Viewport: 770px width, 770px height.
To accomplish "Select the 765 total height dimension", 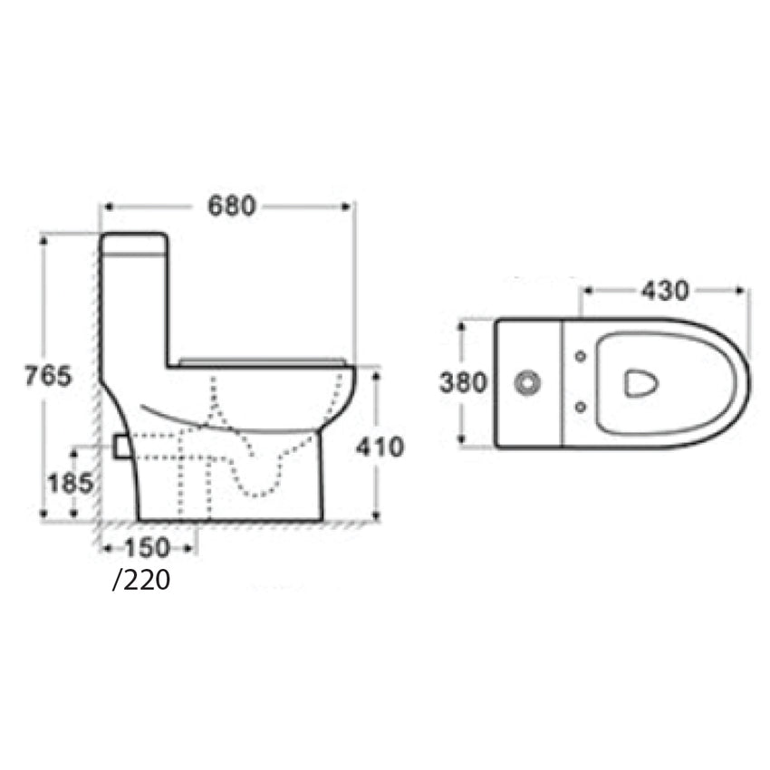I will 47,375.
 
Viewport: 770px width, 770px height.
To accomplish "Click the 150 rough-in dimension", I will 149,547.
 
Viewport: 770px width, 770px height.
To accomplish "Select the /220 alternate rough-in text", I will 141,580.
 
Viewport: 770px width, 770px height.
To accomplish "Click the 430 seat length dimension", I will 665,291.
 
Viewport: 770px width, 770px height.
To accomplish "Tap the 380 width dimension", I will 463,383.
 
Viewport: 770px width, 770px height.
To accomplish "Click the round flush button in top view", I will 525,383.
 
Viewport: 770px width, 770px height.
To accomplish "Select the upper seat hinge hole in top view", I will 578,356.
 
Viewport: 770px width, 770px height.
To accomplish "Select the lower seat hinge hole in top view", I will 578,409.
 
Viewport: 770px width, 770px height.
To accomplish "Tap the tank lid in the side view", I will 134,243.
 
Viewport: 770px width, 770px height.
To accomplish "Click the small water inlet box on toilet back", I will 120,446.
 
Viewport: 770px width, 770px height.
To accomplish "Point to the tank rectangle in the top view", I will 528,383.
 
